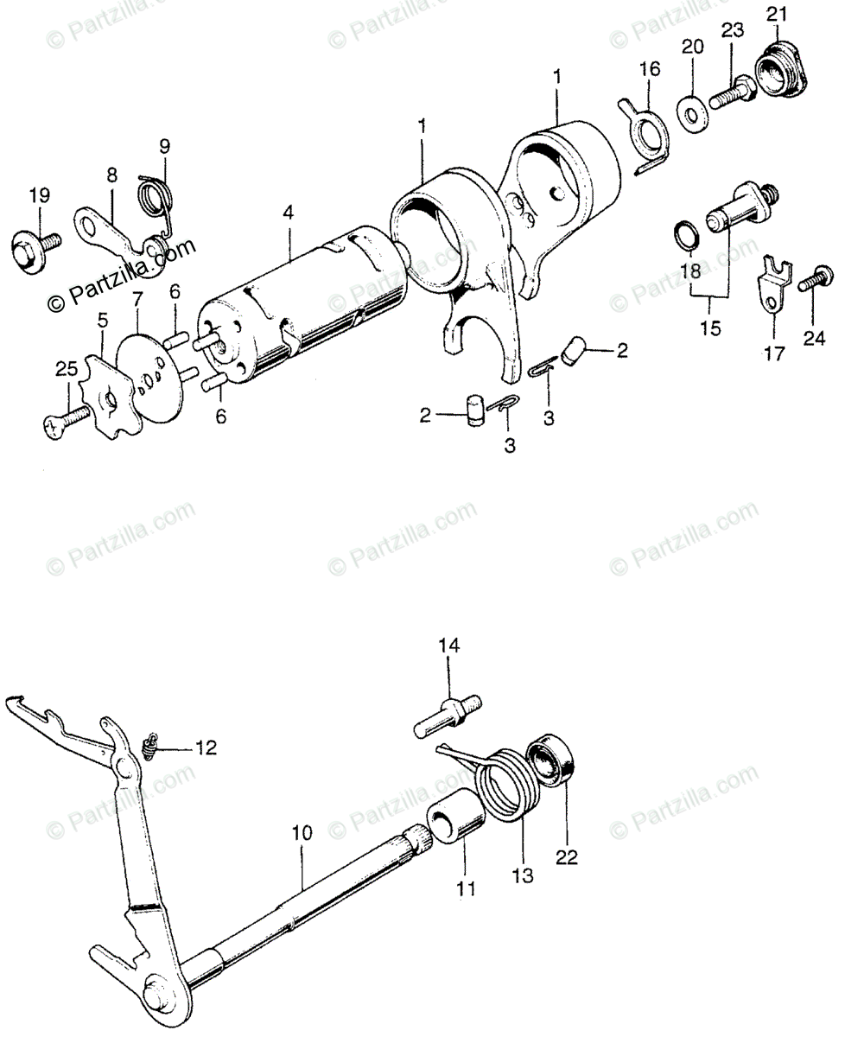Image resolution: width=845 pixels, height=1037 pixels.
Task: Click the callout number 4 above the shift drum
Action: [288, 211]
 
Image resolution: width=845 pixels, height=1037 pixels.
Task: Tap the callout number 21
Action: [778, 15]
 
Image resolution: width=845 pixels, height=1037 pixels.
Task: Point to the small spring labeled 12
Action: [150, 746]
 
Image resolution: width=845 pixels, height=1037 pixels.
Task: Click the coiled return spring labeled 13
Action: [510, 786]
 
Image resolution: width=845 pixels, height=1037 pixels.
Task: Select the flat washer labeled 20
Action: [691, 111]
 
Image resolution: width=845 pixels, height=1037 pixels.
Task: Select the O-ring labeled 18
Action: [687, 233]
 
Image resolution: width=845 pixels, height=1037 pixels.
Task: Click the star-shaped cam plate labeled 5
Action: [108, 398]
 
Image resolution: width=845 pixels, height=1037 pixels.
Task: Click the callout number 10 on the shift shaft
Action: [301, 834]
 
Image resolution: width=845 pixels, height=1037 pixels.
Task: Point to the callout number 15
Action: [709, 329]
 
